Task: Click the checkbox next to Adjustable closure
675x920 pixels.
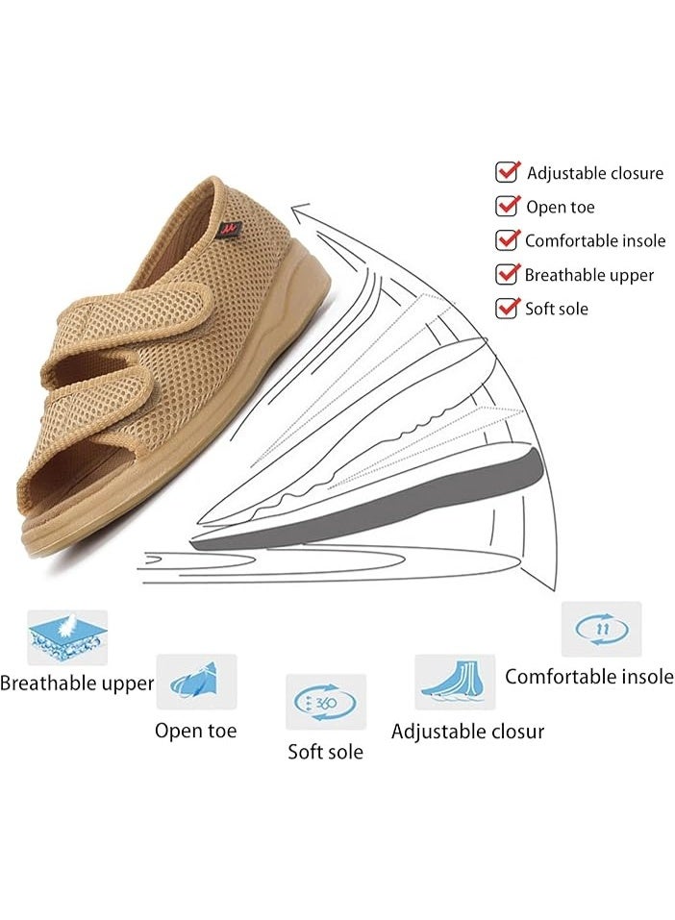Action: click(x=507, y=172)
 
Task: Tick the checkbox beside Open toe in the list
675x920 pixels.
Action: click(x=507, y=206)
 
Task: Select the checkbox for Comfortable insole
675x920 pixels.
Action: click(x=507, y=240)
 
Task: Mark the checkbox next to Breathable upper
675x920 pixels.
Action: click(x=507, y=274)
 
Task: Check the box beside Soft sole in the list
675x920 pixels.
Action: click(x=507, y=308)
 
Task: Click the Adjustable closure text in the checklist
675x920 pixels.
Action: click(x=594, y=173)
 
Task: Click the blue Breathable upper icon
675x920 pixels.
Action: click(x=67, y=637)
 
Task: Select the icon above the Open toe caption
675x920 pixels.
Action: click(x=196, y=682)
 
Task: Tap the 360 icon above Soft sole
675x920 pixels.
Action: click(x=326, y=702)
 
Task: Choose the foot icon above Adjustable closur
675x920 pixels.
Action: click(x=455, y=682)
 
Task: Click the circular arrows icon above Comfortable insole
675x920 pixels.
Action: click(x=602, y=629)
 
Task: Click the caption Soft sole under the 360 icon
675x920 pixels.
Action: click(x=325, y=752)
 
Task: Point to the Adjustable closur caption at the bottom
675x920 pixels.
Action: click(x=468, y=732)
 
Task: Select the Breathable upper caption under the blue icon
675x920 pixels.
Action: click(x=77, y=683)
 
